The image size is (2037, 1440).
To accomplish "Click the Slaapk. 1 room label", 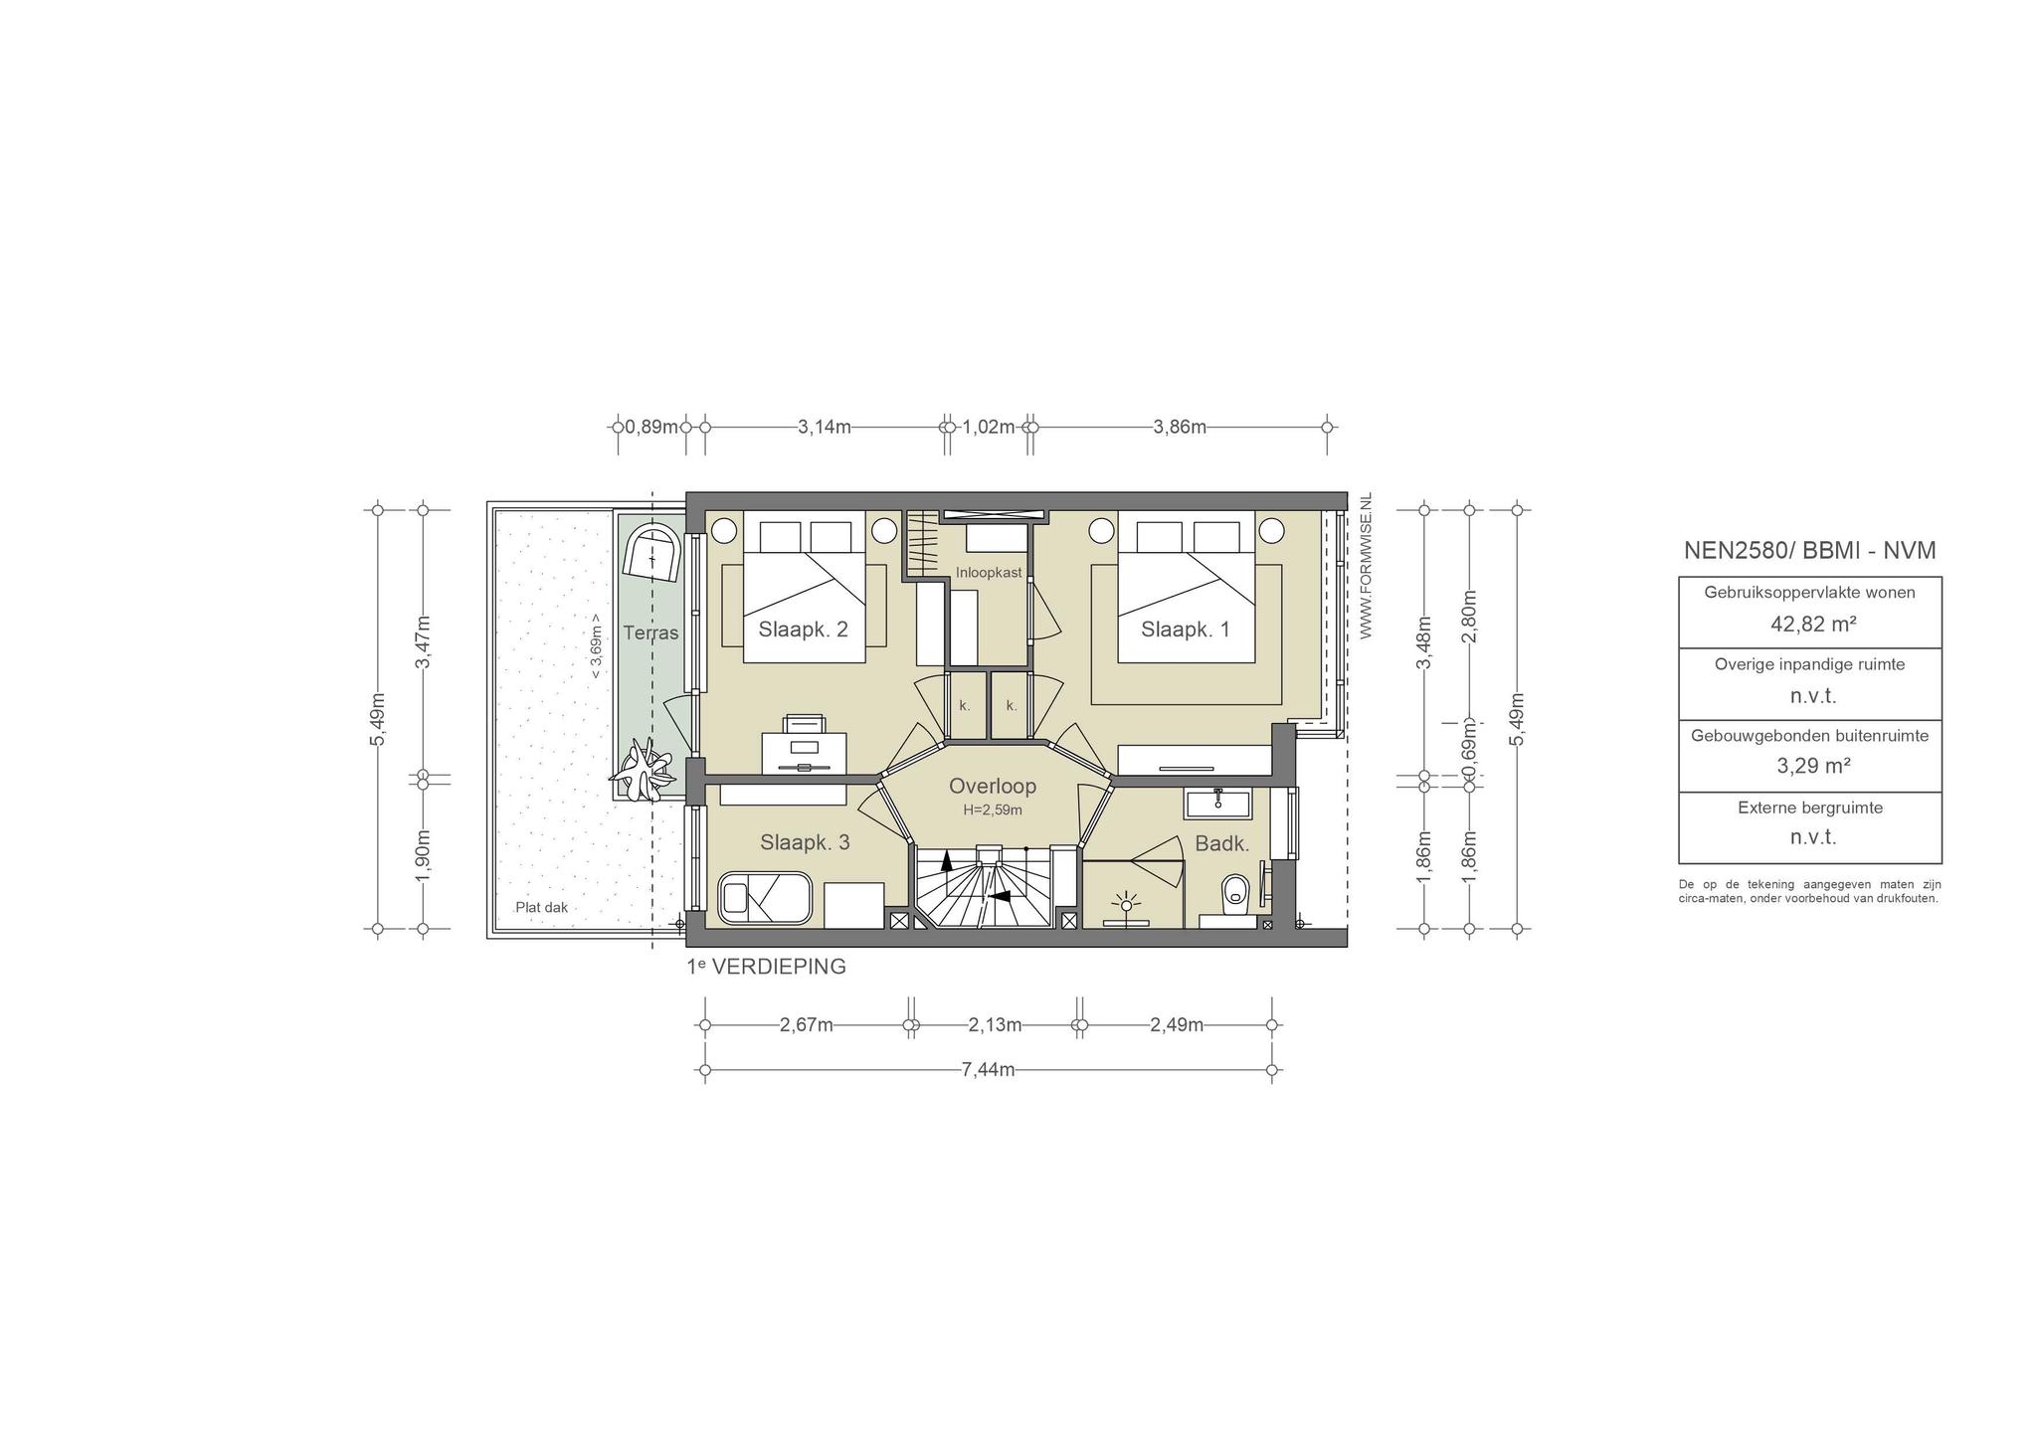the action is (1185, 629).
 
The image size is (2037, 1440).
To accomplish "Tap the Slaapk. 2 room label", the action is (803, 629).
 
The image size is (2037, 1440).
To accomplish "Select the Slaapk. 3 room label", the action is (805, 842).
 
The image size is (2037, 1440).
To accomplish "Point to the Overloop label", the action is (992, 786).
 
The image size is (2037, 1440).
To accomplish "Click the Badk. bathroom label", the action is (1221, 843).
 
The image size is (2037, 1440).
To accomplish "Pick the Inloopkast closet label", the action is (989, 573).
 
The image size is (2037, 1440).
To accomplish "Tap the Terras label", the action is (650, 632).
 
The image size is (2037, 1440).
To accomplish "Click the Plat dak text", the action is (541, 908).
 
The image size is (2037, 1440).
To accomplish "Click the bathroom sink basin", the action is (1215, 803).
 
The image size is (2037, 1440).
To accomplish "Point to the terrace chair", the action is (652, 553).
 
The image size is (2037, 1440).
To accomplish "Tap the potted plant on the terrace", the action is (645, 771).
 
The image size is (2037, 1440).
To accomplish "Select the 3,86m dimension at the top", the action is (1180, 427).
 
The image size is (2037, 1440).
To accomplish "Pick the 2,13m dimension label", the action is (995, 1025).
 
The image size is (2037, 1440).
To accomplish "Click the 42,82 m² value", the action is (1810, 624).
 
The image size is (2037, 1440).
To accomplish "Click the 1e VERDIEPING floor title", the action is (766, 966).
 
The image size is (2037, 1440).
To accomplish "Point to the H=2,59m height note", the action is (993, 810).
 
